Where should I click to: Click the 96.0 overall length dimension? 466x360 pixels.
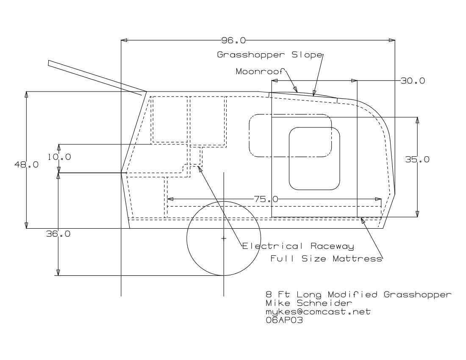click(233, 41)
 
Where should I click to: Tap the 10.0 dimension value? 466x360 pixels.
click(59, 157)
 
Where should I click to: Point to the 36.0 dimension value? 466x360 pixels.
click(58, 234)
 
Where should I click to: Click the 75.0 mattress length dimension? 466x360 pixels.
click(266, 199)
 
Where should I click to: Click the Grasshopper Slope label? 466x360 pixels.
click(270, 55)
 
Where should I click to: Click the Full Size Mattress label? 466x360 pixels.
click(326, 258)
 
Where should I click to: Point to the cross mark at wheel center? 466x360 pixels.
click(224, 239)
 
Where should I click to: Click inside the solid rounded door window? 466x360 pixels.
click(315, 159)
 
